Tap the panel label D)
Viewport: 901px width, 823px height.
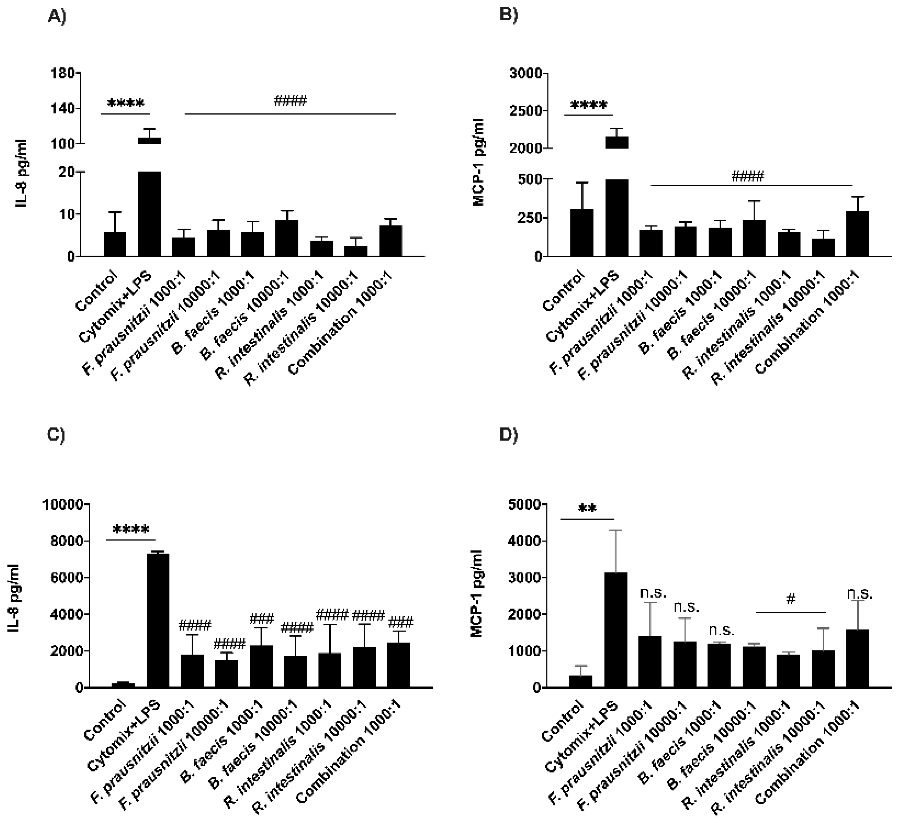tap(508, 435)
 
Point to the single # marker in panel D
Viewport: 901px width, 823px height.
tap(791, 599)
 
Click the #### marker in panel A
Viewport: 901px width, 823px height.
tap(290, 100)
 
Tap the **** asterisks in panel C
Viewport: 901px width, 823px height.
tap(131, 530)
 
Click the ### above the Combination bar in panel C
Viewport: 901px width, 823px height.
tap(401, 622)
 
